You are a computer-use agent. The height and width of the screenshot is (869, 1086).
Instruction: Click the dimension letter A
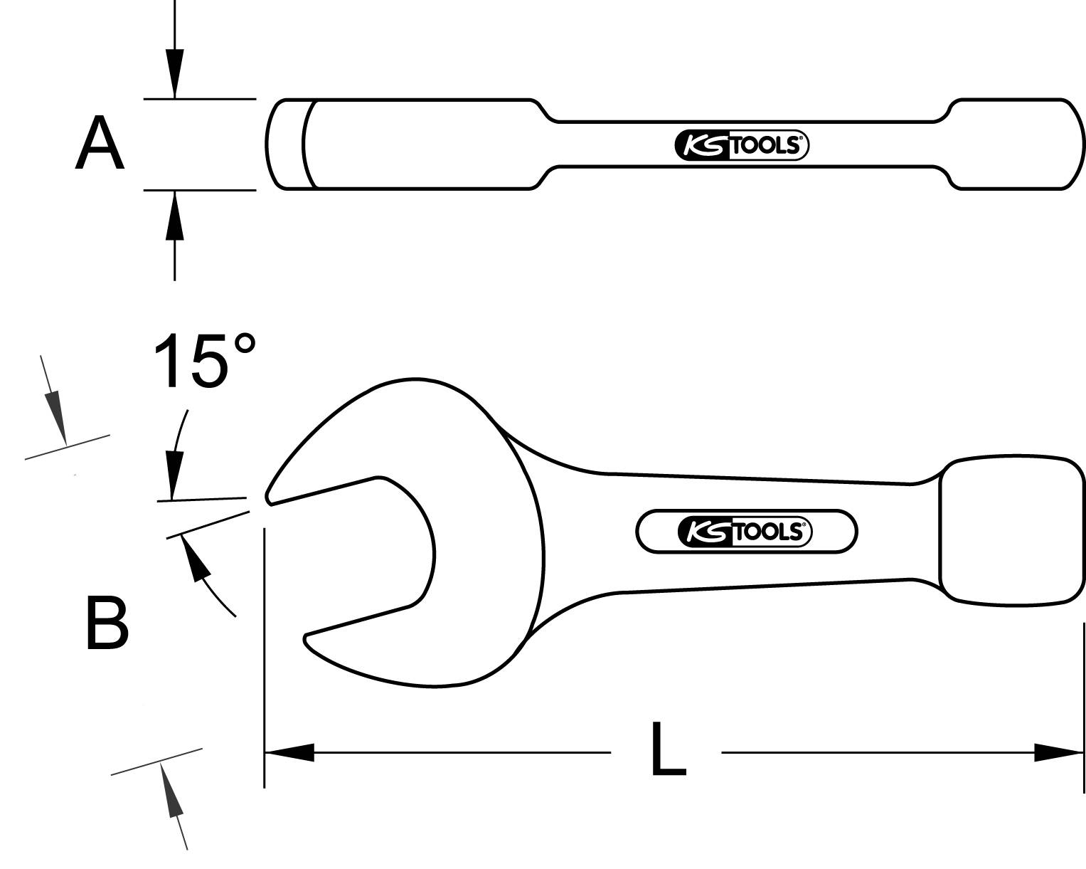tap(100, 145)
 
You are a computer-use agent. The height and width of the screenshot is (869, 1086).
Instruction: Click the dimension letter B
tap(107, 623)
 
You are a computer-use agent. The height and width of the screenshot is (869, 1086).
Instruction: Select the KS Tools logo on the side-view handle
tap(741, 146)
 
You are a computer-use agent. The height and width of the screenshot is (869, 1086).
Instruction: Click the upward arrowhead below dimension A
tap(175, 216)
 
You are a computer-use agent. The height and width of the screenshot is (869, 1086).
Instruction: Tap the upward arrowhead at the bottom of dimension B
tap(171, 790)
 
